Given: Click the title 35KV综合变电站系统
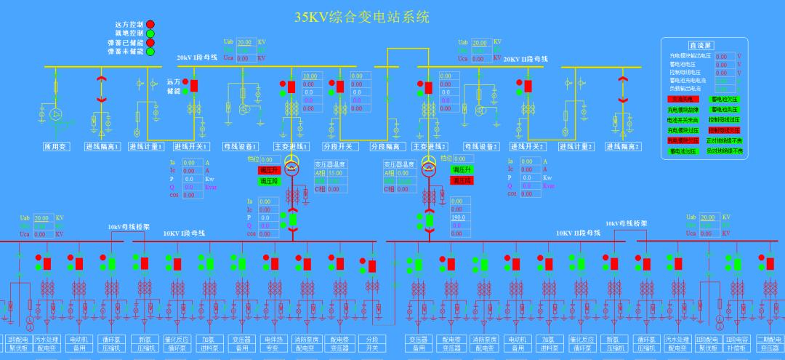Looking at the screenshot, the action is (x=361, y=17).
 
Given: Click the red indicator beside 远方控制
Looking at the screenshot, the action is (x=150, y=25).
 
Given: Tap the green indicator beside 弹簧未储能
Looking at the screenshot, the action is (x=150, y=52).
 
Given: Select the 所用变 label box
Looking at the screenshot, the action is (x=55, y=146).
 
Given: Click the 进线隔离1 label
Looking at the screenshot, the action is (x=102, y=146).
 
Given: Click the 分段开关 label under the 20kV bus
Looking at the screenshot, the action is (x=339, y=146).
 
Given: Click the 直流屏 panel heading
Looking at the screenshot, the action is (x=702, y=45).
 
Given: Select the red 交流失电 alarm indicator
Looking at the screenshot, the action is (x=683, y=99).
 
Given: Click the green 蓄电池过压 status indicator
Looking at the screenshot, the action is (x=683, y=151).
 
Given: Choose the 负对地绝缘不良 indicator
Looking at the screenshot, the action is (x=725, y=151).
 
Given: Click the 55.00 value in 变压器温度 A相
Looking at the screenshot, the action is (x=335, y=173).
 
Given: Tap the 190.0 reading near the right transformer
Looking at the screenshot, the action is (x=458, y=217).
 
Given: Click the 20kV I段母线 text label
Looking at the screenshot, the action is (x=197, y=57).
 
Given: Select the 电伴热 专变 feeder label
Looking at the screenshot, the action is (x=272, y=343).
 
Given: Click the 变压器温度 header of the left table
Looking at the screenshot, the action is (x=329, y=164).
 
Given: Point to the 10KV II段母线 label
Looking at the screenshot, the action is (x=578, y=233).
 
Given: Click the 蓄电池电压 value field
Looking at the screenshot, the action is (x=722, y=64).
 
